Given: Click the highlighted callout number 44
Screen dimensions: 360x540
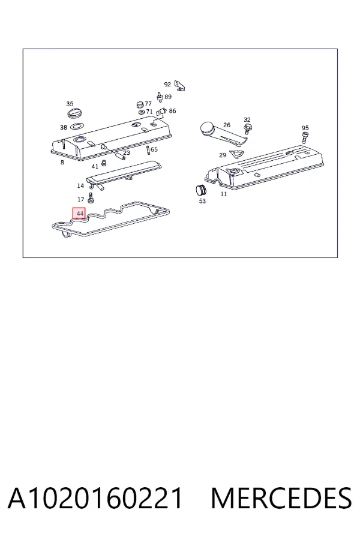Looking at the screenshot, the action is [80, 214].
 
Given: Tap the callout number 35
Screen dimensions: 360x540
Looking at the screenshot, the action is [70, 104].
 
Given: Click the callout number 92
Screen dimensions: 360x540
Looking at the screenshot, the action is [167, 85].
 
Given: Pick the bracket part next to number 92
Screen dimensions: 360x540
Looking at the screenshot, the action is [179, 85].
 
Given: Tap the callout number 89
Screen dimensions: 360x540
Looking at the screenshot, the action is [168, 97].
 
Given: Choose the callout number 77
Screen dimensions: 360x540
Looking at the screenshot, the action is [148, 104].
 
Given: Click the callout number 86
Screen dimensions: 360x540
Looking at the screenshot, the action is [172, 111].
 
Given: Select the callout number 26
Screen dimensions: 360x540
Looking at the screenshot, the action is [226, 125].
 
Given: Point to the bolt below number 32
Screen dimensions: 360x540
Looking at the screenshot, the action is [247, 129].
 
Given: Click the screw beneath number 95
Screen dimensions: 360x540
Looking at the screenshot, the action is [305, 137].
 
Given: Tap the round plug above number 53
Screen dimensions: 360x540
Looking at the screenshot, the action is [201, 190].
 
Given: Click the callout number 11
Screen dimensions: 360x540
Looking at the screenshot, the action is [224, 194].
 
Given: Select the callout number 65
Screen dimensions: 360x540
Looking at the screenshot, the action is [154, 149].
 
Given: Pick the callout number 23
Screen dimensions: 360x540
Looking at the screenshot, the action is [127, 152].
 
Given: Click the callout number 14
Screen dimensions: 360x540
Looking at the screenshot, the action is [80, 186].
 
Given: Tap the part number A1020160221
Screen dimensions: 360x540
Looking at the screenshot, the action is [95, 498].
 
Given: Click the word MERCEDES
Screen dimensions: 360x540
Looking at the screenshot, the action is [281, 498].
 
